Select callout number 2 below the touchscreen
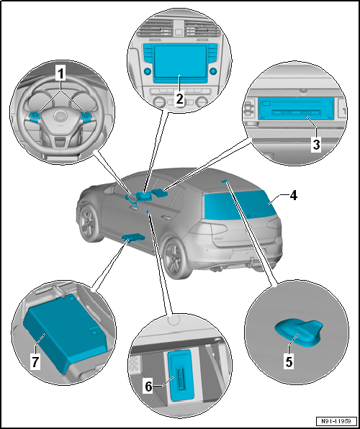pos(179,99)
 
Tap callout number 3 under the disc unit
pos(316,145)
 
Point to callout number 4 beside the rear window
pos(294,197)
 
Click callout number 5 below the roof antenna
pos(289,361)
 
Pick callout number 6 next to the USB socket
pos(148,387)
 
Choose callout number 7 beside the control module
pos(35,363)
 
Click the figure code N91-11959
pos(337,420)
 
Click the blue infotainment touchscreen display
pos(179,62)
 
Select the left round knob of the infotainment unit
pos(148,71)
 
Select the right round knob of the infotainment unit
pos(213,71)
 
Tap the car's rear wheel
pos(174,255)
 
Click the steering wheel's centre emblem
pos(60,116)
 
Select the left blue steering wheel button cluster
pos(35,117)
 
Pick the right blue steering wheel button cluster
pos(86,117)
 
